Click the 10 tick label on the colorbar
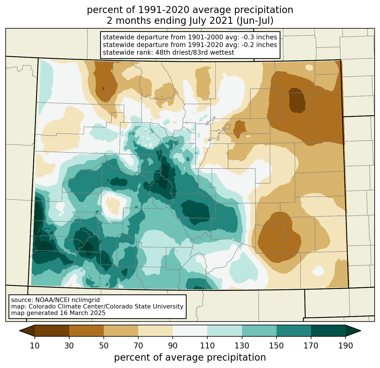[x=35, y=346]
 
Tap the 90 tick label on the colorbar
[x=173, y=346]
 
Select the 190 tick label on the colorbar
[x=346, y=346]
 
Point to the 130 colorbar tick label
[x=242, y=346]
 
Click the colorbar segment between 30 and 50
[x=87, y=331]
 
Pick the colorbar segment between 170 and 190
[x=328, y=331]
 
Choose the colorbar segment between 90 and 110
[x=190, y=331]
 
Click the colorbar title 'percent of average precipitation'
[x=190, y=358]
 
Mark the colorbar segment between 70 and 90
[x=156, y=331]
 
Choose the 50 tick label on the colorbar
[x=104, y=346]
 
